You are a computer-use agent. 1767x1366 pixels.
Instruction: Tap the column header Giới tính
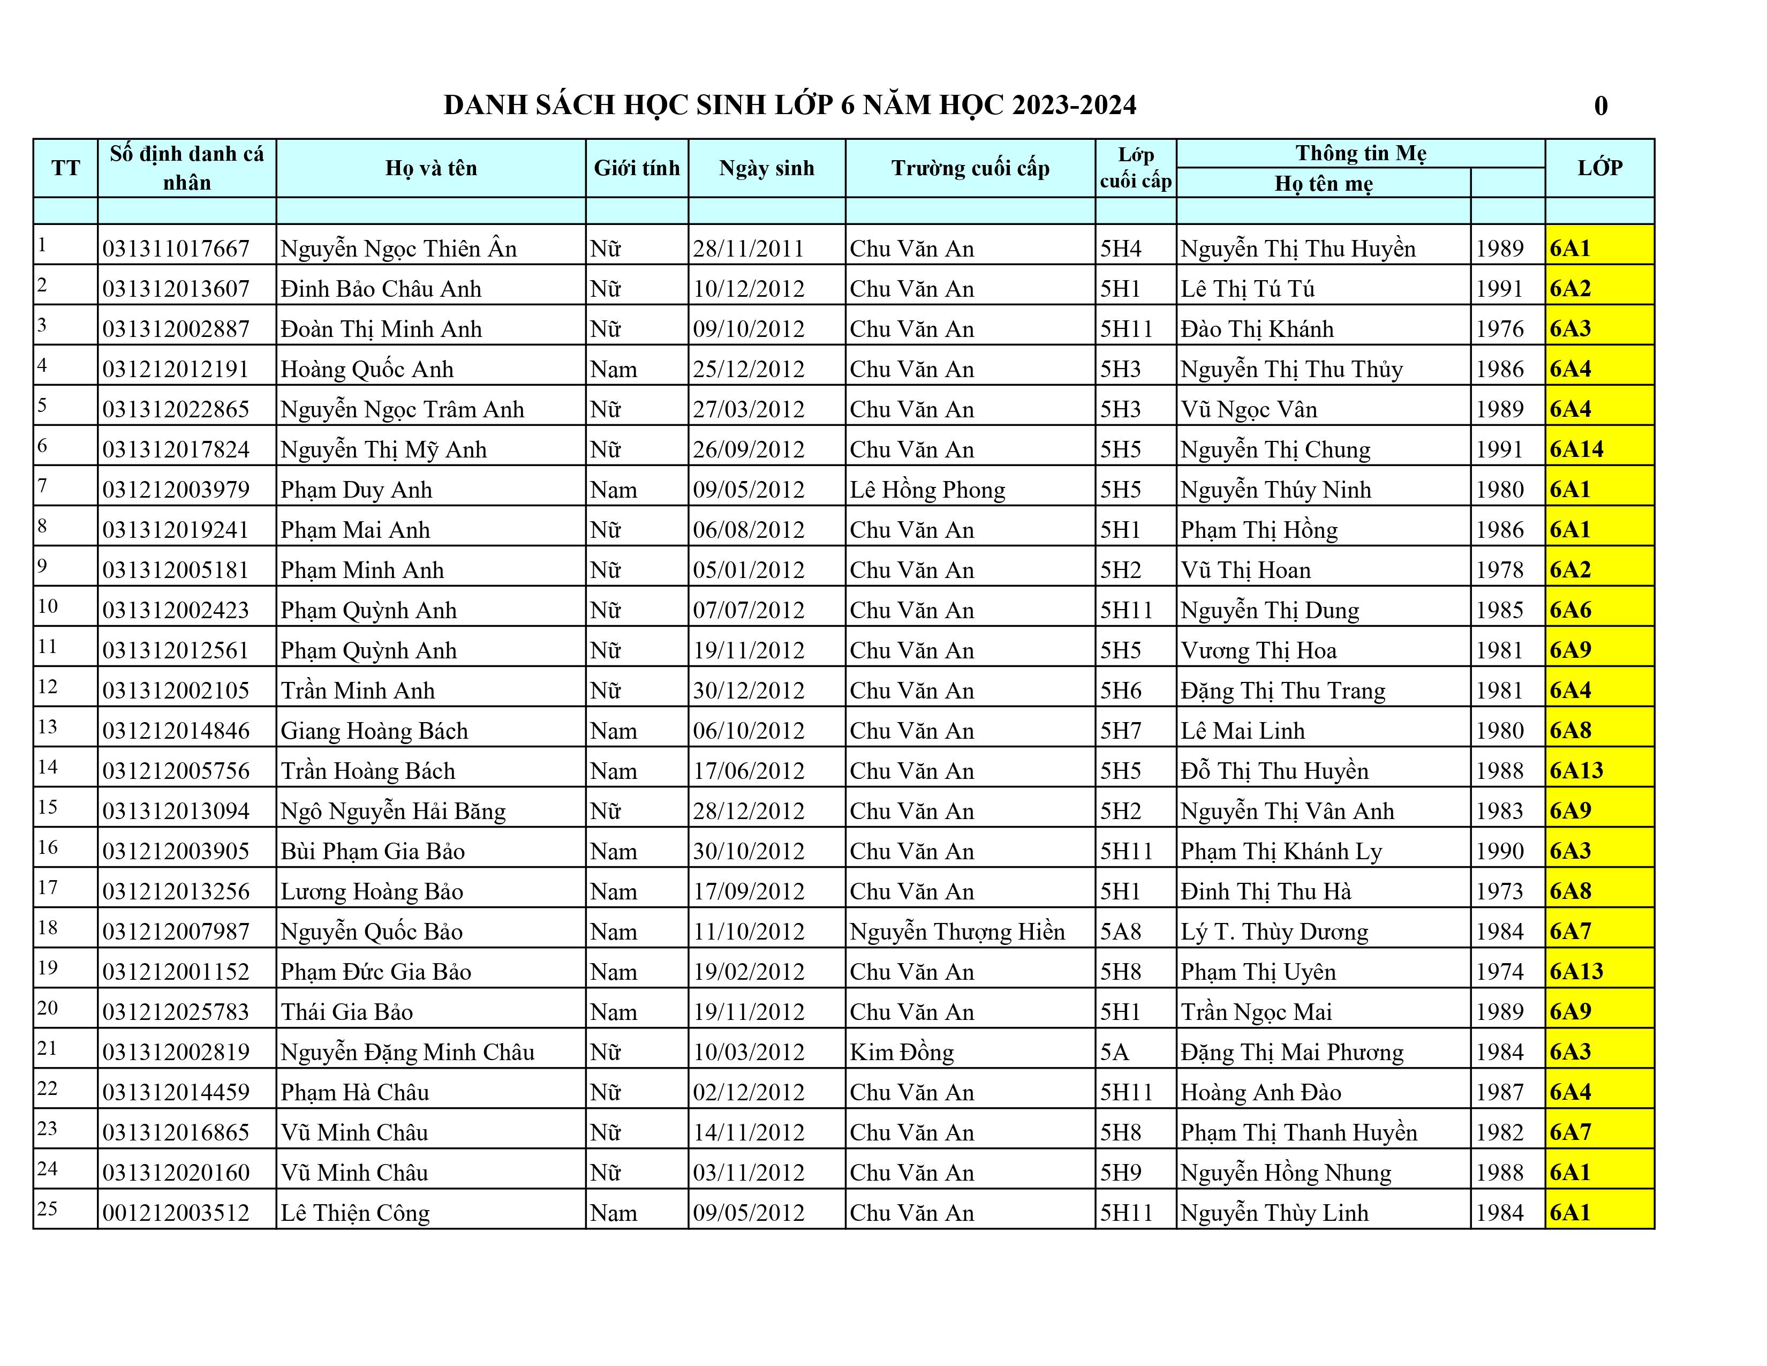click(637, 168)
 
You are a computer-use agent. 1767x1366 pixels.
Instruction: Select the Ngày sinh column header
click(766, 168)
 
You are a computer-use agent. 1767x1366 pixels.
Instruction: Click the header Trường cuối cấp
click(970, 168)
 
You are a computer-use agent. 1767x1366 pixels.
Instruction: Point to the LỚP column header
click(1599, 168)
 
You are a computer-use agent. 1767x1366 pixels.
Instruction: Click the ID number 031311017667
click(176, 249)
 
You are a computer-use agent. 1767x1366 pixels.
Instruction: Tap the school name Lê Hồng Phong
click(927, 490)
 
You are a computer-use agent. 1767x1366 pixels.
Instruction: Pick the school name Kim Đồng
click(901, 1052)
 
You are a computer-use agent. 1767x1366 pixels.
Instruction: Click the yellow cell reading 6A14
click(1576, 449)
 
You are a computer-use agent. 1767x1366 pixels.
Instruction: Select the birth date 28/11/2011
click(749, 249)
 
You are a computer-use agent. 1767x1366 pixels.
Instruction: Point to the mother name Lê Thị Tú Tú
click(1247, 289)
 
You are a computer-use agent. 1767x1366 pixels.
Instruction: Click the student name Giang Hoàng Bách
click(374, 731)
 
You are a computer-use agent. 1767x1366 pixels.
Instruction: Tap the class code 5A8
click(1120, 932)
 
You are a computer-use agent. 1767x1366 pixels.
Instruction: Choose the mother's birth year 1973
click(1499, 891)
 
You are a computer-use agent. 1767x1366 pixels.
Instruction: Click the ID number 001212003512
click(176, 1213)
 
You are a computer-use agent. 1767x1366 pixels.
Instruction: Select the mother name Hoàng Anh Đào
click(1260, 1092)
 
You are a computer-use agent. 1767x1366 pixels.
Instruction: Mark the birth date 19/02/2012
click(749, 972)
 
